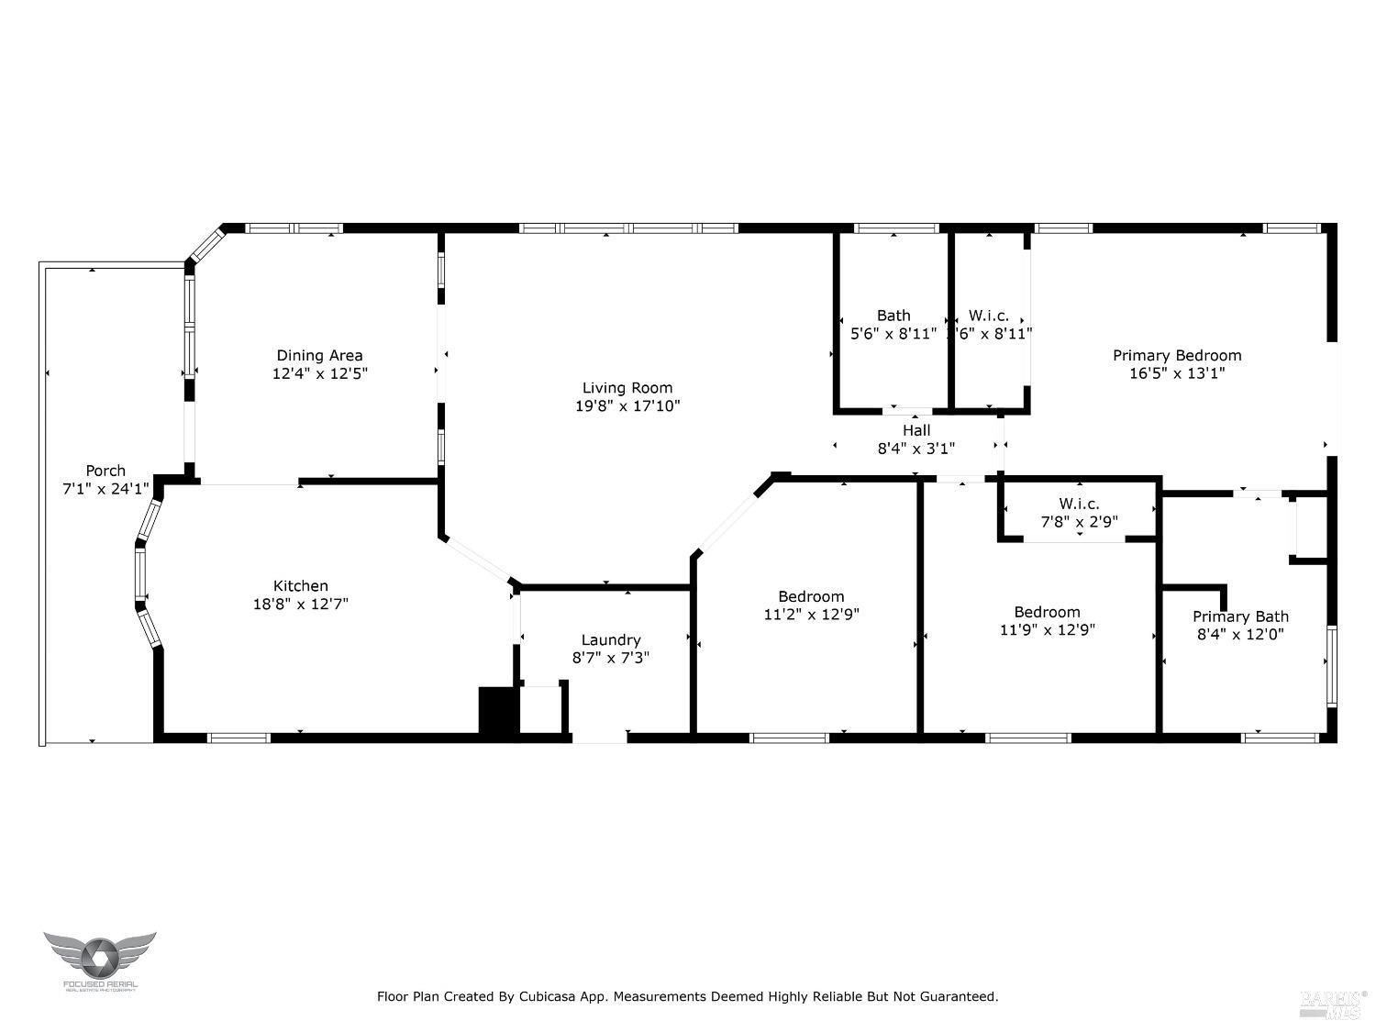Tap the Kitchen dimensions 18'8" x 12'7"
point(301,605)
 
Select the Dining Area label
point(319,355)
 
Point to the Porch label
point(105,471)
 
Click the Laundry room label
point(611,639)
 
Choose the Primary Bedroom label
point(1177,355)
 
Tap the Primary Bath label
point(1240,616)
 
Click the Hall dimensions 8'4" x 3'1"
point(915,449)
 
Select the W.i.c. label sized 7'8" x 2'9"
point(1079,504)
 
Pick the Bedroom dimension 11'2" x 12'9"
point(811,615)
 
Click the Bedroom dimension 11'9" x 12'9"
point(1047,630)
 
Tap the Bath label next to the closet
point(893,316)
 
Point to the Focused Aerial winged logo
point(99,957)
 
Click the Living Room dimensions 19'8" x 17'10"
point(627,405)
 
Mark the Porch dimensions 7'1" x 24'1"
point(105,489)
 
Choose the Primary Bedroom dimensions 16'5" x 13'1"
point(1177,373)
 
